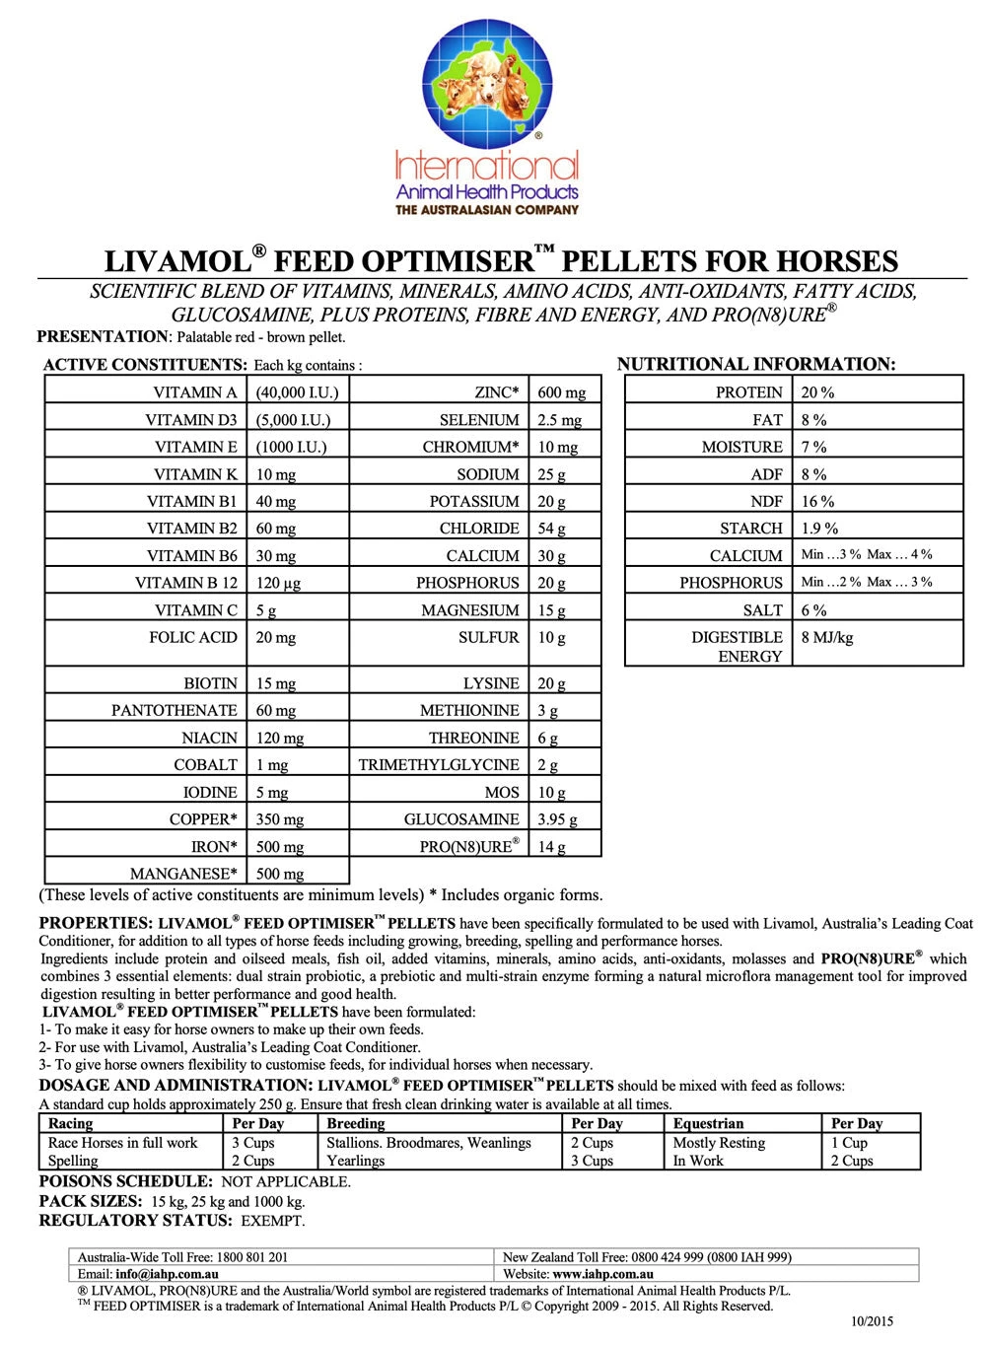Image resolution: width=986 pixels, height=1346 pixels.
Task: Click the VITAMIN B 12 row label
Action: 186,583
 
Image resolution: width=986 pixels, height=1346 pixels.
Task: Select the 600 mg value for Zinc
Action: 561,392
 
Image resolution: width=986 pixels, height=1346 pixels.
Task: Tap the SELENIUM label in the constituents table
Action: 479,420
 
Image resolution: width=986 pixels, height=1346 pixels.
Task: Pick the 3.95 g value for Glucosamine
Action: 557,819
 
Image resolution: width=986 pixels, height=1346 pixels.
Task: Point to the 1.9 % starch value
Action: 819,529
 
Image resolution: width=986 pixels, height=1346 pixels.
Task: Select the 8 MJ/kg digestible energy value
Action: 826,638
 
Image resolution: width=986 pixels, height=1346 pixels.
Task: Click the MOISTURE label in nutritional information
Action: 741,447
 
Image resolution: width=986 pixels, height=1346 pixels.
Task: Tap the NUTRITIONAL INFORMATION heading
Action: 755,364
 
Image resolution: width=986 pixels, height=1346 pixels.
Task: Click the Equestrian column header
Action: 708,1123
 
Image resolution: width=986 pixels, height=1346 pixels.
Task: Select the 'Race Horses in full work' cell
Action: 123,1143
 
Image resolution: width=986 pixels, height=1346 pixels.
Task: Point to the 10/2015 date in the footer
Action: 872,1321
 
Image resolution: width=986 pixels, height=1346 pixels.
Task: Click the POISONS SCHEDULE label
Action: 125,1181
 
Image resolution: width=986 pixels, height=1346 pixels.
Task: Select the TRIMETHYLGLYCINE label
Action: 439,765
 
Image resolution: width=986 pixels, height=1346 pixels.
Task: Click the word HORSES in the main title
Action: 837,261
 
